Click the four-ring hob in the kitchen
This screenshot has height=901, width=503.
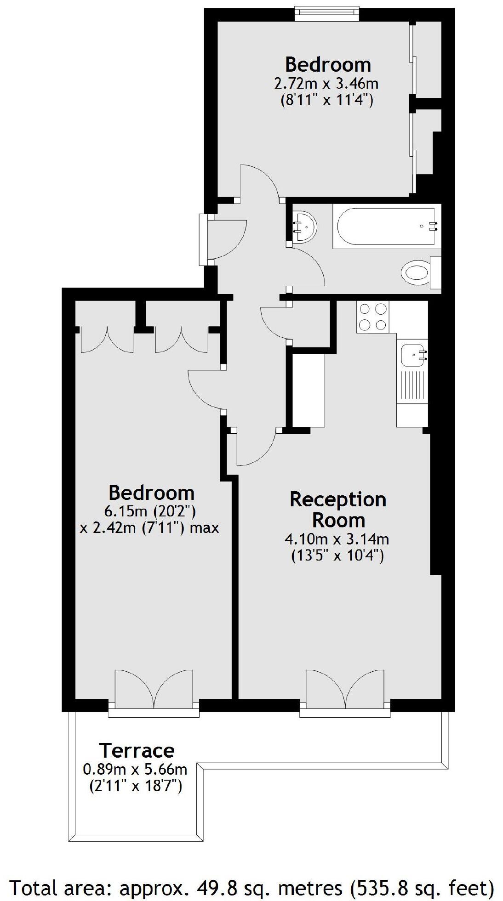(372, 317)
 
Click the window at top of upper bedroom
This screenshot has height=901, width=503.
(326, 13)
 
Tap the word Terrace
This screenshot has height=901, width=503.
(137, 751)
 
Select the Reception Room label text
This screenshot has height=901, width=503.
(338, 510)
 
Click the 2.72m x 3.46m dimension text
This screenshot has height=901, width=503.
(326, 84)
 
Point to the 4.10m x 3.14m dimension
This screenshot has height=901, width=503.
(337, 538)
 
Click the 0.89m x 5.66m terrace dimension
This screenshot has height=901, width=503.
(135, 769)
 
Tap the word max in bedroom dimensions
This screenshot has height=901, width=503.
(204, 528)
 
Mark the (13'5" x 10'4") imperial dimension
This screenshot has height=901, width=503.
(337, 556)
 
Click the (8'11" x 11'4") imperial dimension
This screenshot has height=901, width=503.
(326, 100)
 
